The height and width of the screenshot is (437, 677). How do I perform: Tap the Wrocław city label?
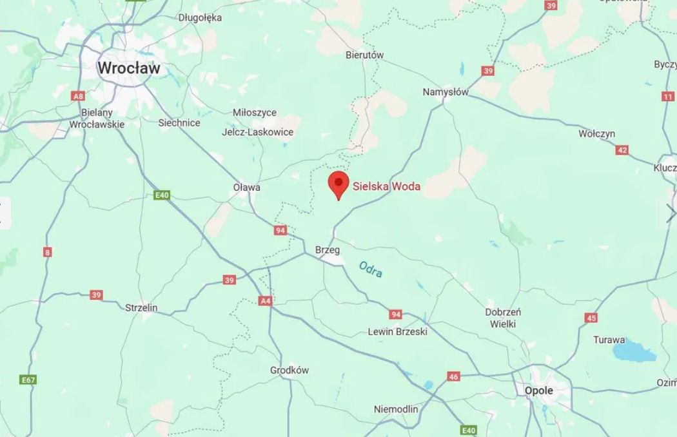(129, 67)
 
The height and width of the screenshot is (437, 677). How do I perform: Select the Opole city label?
(538, 391)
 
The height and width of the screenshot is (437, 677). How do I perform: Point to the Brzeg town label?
(327, 249)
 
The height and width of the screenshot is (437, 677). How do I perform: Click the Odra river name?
(371, 269)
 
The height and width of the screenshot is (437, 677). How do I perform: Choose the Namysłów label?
(446, 92)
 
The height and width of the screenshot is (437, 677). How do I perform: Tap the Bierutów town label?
(364, 55)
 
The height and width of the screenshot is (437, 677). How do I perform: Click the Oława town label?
(247, 188)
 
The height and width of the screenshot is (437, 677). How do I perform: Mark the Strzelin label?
(141, 308)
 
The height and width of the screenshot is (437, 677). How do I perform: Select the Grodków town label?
(289, 370)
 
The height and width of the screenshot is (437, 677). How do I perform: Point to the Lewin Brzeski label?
(397, 332)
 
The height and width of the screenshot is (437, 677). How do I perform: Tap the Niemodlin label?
(396, 409)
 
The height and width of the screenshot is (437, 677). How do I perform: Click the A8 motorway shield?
(79, 96)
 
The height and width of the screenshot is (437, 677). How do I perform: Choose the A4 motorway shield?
(265, 300)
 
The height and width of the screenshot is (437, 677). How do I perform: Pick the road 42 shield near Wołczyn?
(622, 150)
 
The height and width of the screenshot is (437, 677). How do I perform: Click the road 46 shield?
(454, 376)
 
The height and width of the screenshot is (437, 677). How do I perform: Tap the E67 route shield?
(28, 380)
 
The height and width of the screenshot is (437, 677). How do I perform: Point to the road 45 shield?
(591, 318)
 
